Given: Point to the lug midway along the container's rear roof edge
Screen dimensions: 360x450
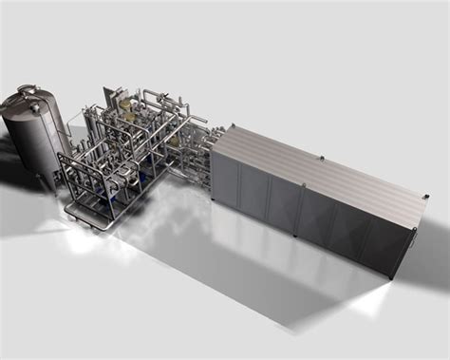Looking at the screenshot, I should pyautogui.click(x=323, y=158).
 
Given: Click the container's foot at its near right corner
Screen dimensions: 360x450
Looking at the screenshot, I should pyautogui.click(x=392, y=275).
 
